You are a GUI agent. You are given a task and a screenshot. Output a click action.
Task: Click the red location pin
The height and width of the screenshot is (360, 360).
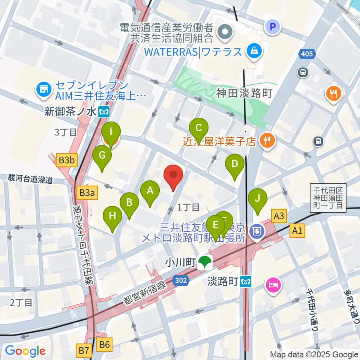click(x=173, y=176)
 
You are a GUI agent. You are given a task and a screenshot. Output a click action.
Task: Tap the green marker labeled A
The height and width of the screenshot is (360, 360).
click(x=150, y=192)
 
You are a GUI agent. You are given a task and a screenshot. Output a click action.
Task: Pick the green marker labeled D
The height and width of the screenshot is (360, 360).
click(x=235, y=165)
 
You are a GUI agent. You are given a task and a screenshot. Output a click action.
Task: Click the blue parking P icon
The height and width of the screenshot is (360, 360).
click(x=273, y=27)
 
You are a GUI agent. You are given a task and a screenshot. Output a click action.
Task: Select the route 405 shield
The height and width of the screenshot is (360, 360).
click(x=306, y=54)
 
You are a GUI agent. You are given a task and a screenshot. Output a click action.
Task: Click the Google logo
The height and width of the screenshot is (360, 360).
click(x=25, y=351)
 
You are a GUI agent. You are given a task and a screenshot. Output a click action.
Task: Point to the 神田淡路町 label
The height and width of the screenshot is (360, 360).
click(x=244, y=93)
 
